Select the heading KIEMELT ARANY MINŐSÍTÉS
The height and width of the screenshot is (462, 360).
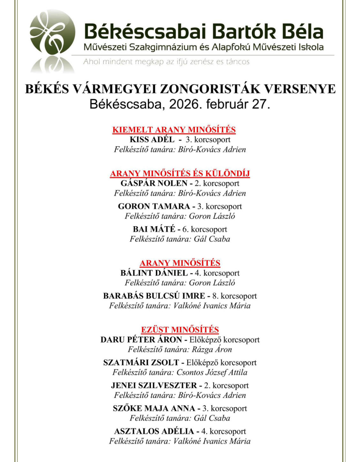174,130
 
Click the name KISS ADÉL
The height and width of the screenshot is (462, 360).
152,139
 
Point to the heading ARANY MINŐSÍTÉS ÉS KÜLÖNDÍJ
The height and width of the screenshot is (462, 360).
180,173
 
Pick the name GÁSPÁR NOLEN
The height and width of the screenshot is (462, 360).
154,183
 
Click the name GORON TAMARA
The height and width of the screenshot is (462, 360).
154,206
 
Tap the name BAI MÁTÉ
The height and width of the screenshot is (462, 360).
154,229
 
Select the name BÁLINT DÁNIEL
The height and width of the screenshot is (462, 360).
154,273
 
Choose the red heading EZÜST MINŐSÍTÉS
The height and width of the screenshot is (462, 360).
180,329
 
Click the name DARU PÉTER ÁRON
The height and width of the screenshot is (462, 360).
141,339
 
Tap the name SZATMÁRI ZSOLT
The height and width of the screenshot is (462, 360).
141,362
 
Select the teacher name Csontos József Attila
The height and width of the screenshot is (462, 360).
212,372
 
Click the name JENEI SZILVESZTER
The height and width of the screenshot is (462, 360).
154,385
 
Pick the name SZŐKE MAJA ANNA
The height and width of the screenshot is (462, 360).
154,408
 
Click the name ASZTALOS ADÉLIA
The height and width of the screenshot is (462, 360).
154,431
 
